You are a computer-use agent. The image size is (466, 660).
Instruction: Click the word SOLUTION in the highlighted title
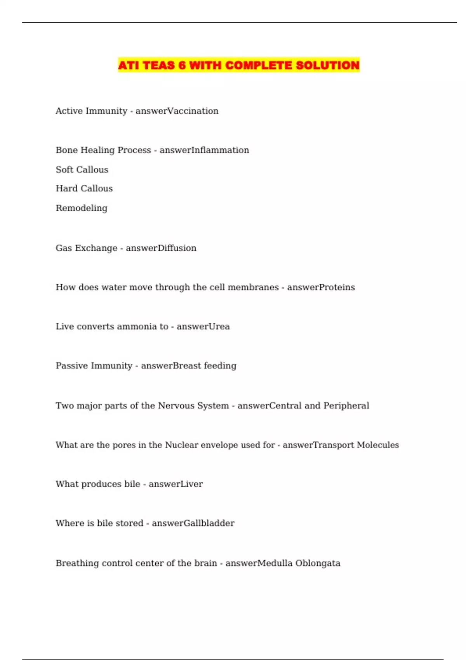click(327, 65)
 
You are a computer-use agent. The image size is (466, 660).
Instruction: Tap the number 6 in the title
click(182, 65)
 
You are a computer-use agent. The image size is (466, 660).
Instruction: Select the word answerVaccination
click(177, 111)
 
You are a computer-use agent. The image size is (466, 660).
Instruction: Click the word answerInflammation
click(204, 150)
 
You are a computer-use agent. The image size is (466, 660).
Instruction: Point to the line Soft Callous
click(82, 170)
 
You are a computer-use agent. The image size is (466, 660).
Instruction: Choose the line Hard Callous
click(84, 189)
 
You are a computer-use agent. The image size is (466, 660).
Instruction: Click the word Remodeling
click(82, 208)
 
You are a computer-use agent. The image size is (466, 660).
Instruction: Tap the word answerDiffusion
click(161, 248)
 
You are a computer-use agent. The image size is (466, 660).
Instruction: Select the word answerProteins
click(321, 287)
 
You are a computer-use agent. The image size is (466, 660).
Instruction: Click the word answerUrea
click(203, 327)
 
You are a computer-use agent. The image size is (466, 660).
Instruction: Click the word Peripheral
click(346, 406)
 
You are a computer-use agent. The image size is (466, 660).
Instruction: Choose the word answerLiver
click(176, 484)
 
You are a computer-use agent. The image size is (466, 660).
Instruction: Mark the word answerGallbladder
click(193, 523)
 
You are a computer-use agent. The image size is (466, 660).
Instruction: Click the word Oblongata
click(317, 563)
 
